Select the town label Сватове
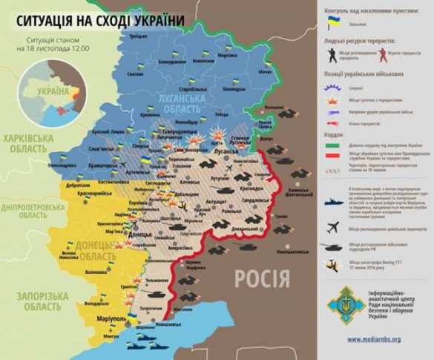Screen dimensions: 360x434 (x=136, y=75)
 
